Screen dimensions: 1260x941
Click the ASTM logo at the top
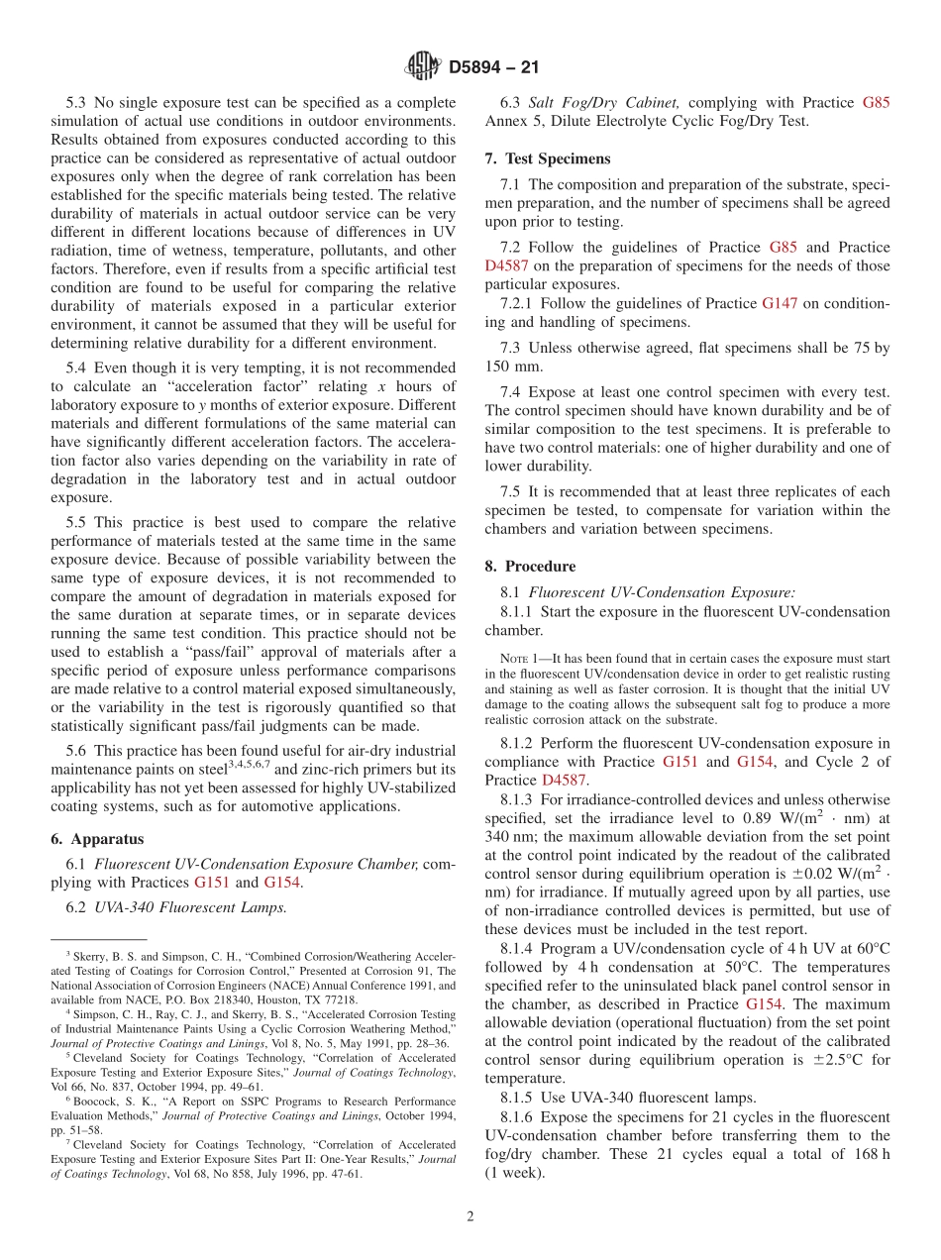pyautogui.click(x=423, y=67)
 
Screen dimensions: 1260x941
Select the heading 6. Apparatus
pyautogui.click(x=97, y=838)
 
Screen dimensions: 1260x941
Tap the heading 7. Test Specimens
pyautogui.click(x=548, y=158)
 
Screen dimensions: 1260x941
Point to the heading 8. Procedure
pyautogui.click(x=530, y=567)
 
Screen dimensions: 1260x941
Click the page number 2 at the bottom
pyautogui.click(x=470, y=1217)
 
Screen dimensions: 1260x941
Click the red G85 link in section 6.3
pyautogui.click(x=876, y=103)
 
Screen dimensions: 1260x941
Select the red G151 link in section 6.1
pyautogui.click(x=212, y=883)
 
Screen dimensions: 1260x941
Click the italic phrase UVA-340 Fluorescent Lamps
pyautogui.click(x=191, y=907)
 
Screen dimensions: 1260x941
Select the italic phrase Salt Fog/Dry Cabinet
pyautogui.click(x=604, y=103)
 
